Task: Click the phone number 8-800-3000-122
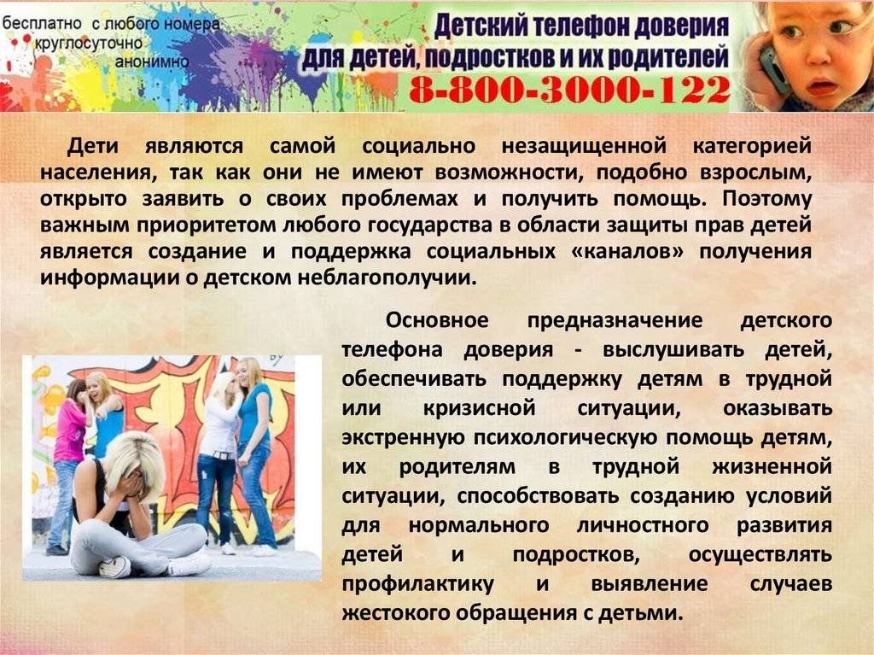(569, 91)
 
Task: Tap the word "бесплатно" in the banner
(43, 23)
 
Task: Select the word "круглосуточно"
(89, 43)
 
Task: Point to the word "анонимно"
(152, 61)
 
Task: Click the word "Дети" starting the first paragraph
(92, 146)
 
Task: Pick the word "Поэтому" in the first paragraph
(766, 199)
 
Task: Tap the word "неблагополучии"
(387, 278)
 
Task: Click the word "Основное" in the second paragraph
(436, 320)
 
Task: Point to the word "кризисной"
(479, 408)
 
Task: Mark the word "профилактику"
(418, 584)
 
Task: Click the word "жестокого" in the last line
(395, 612)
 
